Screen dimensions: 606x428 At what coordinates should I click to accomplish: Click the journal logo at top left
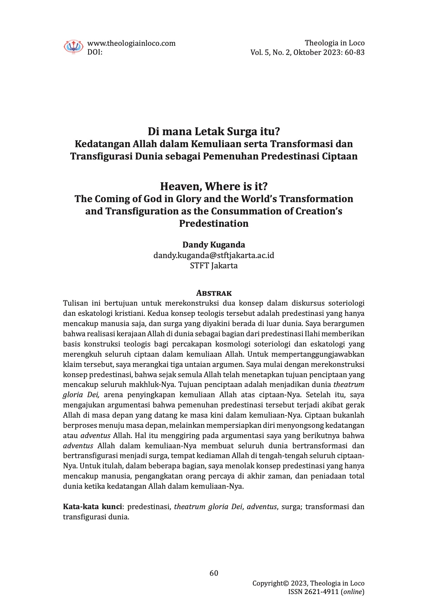73,46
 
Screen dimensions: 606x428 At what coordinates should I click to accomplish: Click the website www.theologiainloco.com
131,43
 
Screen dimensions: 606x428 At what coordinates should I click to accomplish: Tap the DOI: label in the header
95,52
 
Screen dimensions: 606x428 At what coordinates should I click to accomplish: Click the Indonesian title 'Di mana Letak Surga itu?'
214,132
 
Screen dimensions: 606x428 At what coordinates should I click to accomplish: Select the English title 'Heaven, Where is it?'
214,186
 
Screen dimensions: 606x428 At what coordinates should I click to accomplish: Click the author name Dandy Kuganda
214,245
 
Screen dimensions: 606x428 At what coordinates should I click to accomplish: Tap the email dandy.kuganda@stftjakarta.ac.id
214,255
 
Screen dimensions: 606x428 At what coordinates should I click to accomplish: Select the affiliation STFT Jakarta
214,265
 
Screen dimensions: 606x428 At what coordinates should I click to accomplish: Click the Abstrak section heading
214,293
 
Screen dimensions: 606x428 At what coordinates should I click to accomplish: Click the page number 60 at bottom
214,573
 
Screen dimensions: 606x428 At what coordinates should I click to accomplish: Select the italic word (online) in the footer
353,592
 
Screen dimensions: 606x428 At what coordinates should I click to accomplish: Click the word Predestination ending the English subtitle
214,224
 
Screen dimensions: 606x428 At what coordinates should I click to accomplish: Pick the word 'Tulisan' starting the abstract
75,303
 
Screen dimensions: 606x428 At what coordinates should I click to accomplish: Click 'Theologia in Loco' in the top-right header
335,43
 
